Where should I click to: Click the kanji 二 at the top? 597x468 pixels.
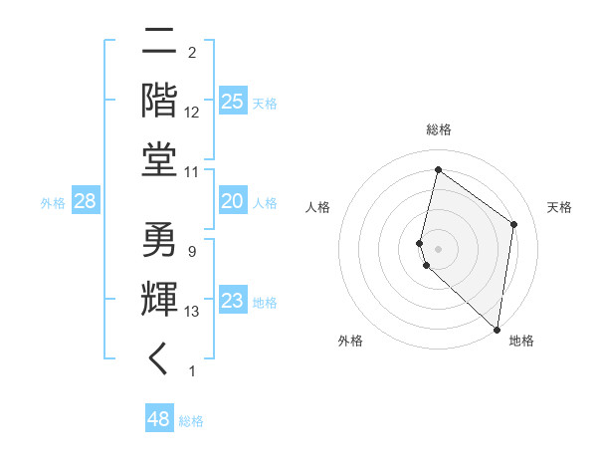coord(160,43)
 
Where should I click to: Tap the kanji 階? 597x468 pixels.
coord(160,102)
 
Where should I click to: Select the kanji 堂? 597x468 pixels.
coord(160,159)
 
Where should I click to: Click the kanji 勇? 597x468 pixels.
coord(160,240)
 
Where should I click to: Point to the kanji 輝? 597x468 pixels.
coord(160,300)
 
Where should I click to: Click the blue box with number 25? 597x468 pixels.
coord(232,102)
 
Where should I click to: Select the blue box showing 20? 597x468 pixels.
coord(232,201)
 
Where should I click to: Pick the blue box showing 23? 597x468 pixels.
coord(232,301)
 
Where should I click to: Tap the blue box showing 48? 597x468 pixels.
coord(159,419)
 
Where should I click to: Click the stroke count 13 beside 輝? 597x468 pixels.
coord(193,312)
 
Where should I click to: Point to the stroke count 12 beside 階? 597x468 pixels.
coord(193,113)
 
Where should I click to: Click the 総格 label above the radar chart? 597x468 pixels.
coord(439,129)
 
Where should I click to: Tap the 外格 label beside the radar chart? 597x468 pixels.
coord(350,341)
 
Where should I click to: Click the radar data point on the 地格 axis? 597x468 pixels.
coord(497,330)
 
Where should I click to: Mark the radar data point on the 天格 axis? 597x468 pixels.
coord(513,224)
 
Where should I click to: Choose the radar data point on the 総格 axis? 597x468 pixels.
coord(438,170)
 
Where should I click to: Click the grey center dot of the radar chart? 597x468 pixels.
coord(438,248)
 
